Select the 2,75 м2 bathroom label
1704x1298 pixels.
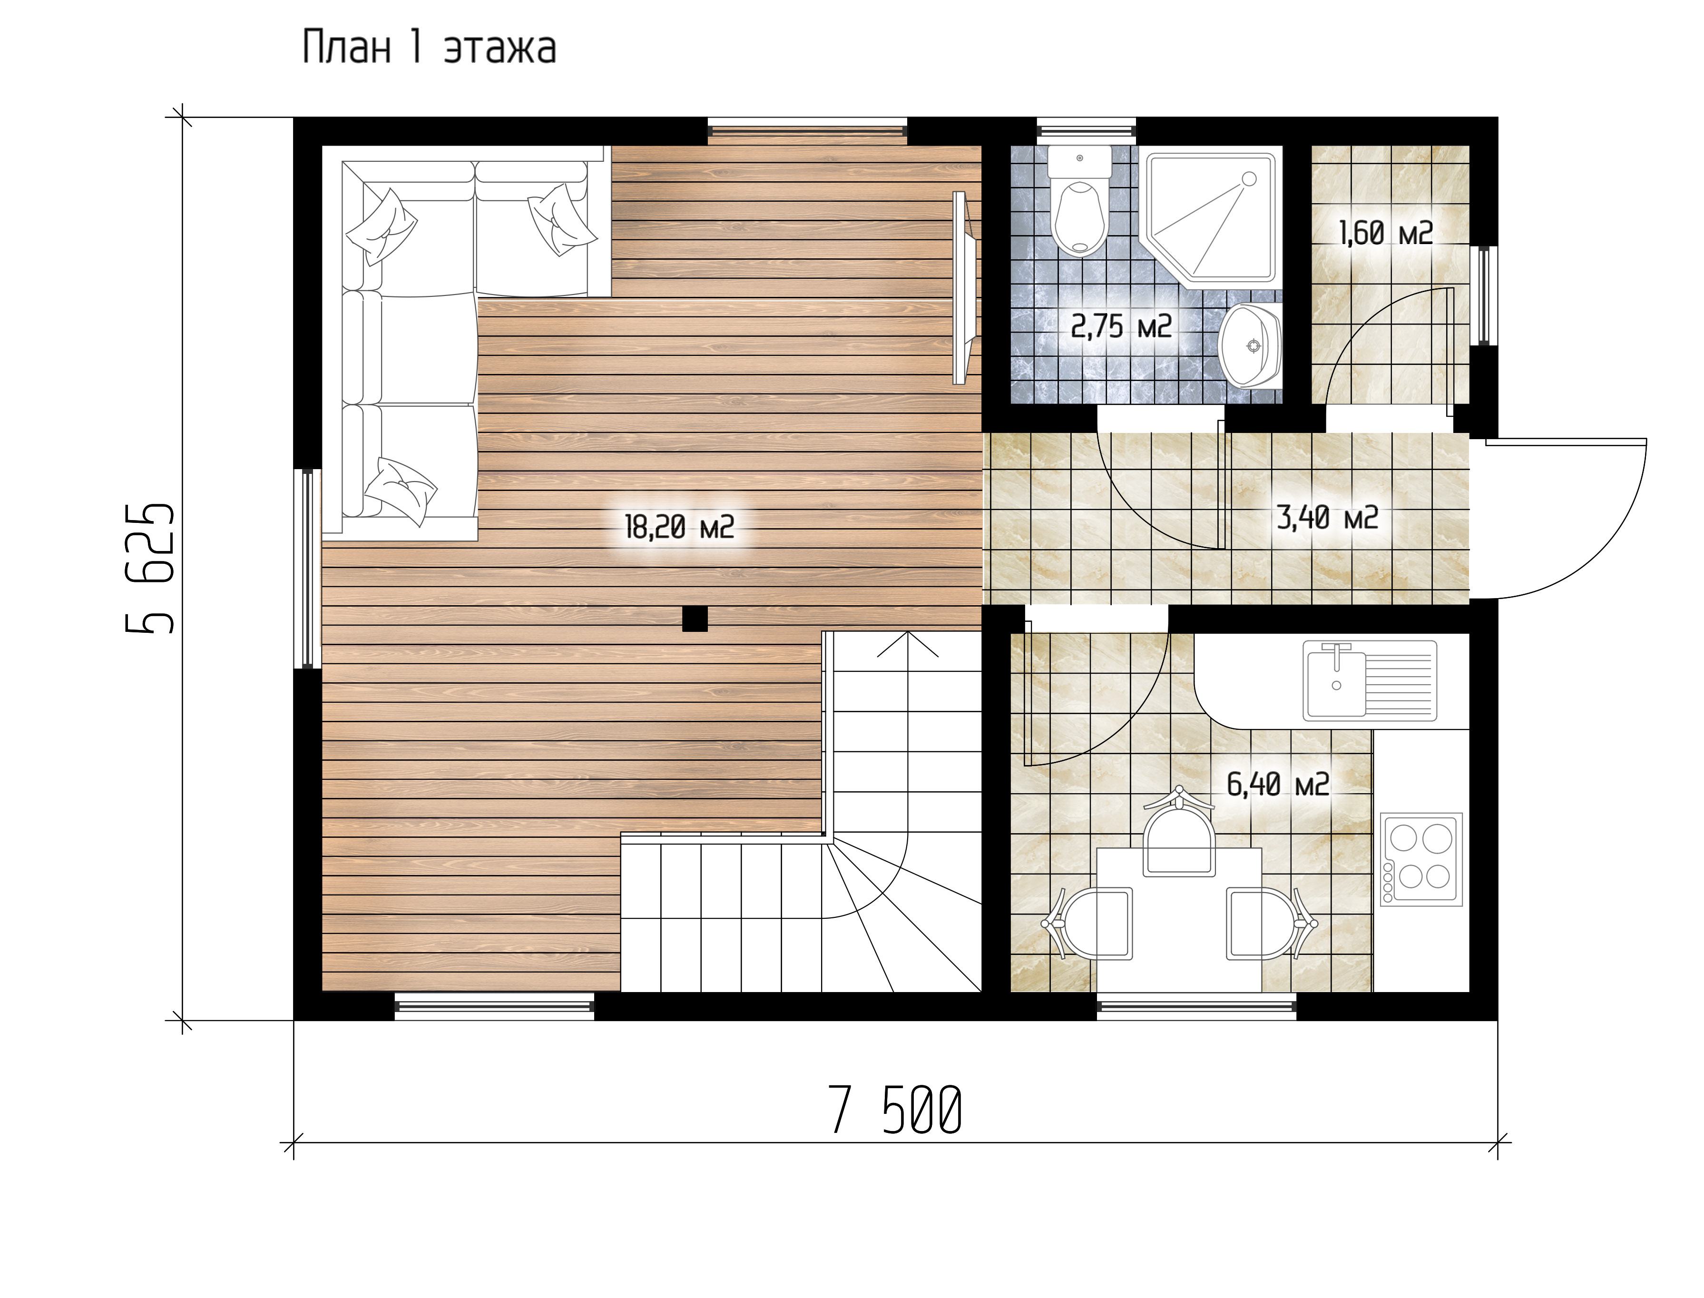[1121, 327]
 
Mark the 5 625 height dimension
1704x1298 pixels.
[150, 570]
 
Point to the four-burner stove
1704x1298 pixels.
[1421, 859]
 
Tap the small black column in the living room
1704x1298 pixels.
[695, 619]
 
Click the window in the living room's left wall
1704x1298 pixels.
[308, 568]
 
